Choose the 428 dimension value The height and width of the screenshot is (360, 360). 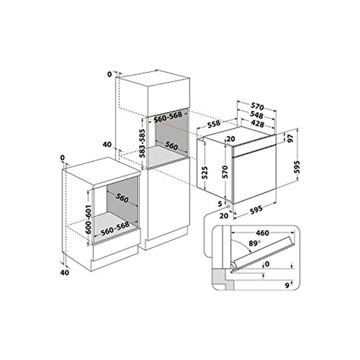(x=258, y=125)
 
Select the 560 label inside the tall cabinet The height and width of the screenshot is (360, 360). (x=171, y=145)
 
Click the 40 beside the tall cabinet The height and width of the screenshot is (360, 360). (x=107, y=145)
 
